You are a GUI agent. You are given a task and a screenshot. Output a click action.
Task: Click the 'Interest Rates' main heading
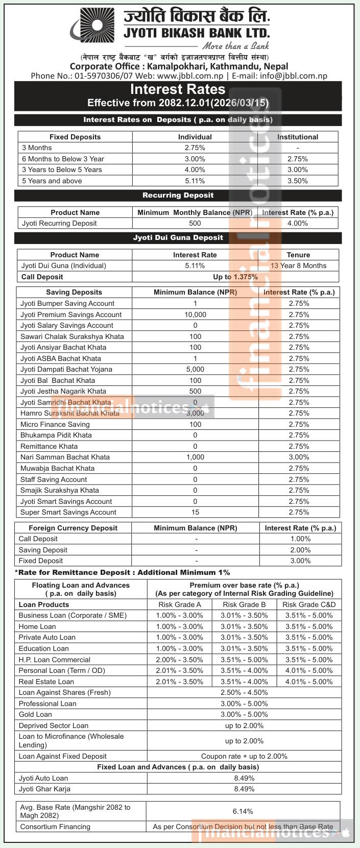(178, 89)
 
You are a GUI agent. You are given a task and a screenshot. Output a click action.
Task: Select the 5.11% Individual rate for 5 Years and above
(195, 181)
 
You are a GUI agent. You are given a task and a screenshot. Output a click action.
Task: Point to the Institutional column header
(298, 137)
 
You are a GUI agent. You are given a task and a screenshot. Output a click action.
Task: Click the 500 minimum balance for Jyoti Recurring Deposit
(195, 223)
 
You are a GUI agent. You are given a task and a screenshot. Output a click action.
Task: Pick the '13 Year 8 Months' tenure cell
(299, 265)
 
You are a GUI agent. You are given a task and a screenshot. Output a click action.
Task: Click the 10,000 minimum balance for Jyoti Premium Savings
(195, 314)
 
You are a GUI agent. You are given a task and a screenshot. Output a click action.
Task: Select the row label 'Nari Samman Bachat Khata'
(65, 457)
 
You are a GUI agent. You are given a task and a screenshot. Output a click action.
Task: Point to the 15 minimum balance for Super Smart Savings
(195, 512)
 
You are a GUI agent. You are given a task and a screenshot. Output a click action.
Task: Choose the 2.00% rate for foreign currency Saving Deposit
(300, 550)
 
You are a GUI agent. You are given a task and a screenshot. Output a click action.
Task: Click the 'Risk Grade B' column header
(244, 604)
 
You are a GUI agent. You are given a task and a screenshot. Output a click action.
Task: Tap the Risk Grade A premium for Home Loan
(180, 626)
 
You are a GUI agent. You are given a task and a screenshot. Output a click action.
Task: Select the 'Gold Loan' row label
(35, 714)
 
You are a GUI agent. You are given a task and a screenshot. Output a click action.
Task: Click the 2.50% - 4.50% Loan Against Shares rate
(244, 692)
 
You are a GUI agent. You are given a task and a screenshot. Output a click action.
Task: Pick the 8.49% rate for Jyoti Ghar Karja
(244, 789)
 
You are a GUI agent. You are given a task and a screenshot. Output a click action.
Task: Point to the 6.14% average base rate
(243, 811)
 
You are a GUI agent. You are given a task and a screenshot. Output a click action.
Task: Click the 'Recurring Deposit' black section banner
(178, 196)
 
